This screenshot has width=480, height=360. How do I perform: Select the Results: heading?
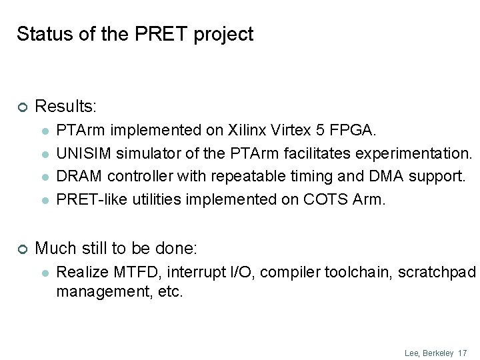65,107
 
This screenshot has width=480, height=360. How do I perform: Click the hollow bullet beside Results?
21,107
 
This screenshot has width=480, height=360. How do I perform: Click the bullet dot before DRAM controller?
44,177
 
